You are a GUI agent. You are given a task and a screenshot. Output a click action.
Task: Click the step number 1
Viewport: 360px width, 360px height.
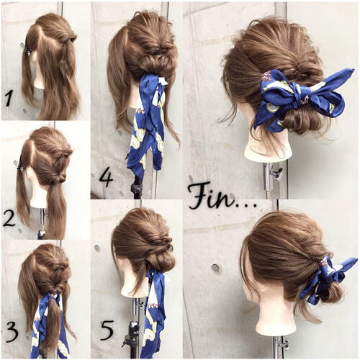[x=9, y=99]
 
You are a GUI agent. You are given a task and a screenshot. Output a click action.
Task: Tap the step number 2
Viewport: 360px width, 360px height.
[x=9, y=219]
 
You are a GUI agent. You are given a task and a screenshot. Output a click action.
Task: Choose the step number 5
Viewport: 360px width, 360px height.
[x=107, y=330]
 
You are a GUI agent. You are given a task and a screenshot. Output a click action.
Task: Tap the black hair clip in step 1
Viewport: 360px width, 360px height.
[x=27, y=46]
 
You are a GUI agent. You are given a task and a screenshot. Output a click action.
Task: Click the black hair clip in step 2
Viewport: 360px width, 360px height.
[x=20, y=164]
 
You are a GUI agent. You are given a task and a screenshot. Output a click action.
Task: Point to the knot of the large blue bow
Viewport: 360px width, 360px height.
[x=297, y=99]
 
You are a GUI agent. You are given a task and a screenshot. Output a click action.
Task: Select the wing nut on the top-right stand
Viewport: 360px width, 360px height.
[x=277, y=174]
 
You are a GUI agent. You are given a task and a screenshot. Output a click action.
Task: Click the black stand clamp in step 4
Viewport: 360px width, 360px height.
[x=136, y=187]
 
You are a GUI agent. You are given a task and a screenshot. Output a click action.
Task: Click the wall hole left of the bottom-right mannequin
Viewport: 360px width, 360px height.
[x=215, y=268]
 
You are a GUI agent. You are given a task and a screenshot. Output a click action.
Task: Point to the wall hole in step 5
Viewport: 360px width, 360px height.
[x=96, y=248]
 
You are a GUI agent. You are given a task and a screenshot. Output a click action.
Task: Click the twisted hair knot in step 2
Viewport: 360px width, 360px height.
[x=60, y=178]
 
